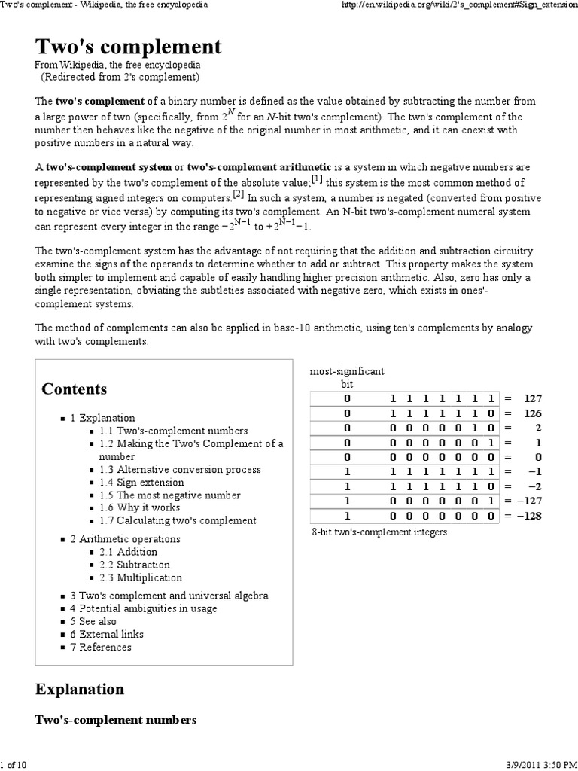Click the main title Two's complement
tap(129, 47)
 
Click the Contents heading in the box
tap(75, 389)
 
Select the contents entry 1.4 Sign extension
tap(141, 483)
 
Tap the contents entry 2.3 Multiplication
tap(141, 578)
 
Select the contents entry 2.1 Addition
tap(128, 552)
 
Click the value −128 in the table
tap(530, 516)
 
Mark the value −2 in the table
tap(534, 486)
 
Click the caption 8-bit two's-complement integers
tap(379, 532)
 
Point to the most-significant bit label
tap(347, 377)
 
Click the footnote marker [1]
tap(318, 178)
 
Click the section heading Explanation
tap(80, 689)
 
